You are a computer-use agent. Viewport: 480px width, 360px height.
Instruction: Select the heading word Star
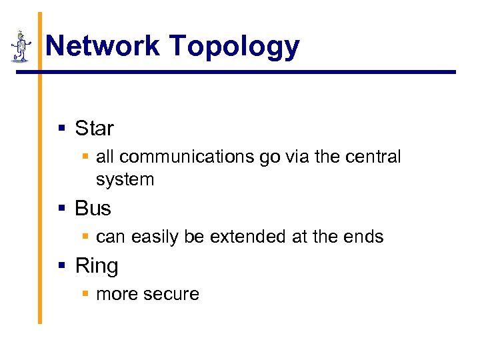click(94, 128)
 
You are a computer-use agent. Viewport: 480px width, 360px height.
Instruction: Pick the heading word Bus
click(93, 209)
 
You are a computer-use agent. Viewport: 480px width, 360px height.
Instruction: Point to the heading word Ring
click(96, 266)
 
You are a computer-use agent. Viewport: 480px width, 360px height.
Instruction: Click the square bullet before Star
click(62, 128)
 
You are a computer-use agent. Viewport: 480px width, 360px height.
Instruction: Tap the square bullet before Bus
click(62, 209)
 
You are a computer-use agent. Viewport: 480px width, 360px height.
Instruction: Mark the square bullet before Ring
click(62, 266)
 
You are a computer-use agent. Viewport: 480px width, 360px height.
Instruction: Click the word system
click(125, 180)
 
